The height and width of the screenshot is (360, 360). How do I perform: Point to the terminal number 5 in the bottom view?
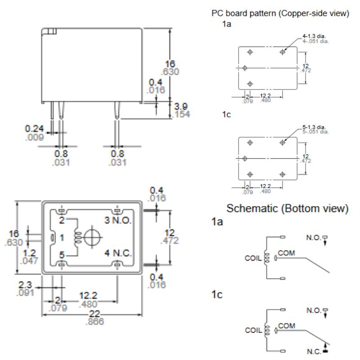[x=63, y=255]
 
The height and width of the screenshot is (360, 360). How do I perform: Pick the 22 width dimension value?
[x=94, y=314]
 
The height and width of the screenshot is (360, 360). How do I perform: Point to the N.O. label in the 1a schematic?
[x=313, y=236]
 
